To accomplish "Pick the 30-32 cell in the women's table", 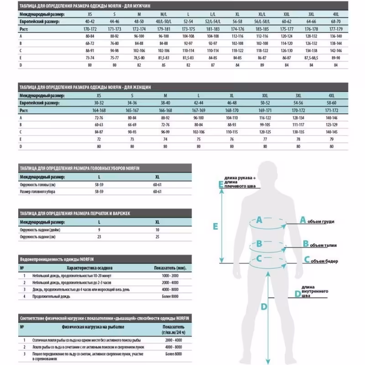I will point(99,104).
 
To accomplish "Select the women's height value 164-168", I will point(99,110).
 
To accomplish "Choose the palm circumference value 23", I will point(99,237).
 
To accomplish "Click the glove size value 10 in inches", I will point(157,229).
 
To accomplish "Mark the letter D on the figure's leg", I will point(264,307).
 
